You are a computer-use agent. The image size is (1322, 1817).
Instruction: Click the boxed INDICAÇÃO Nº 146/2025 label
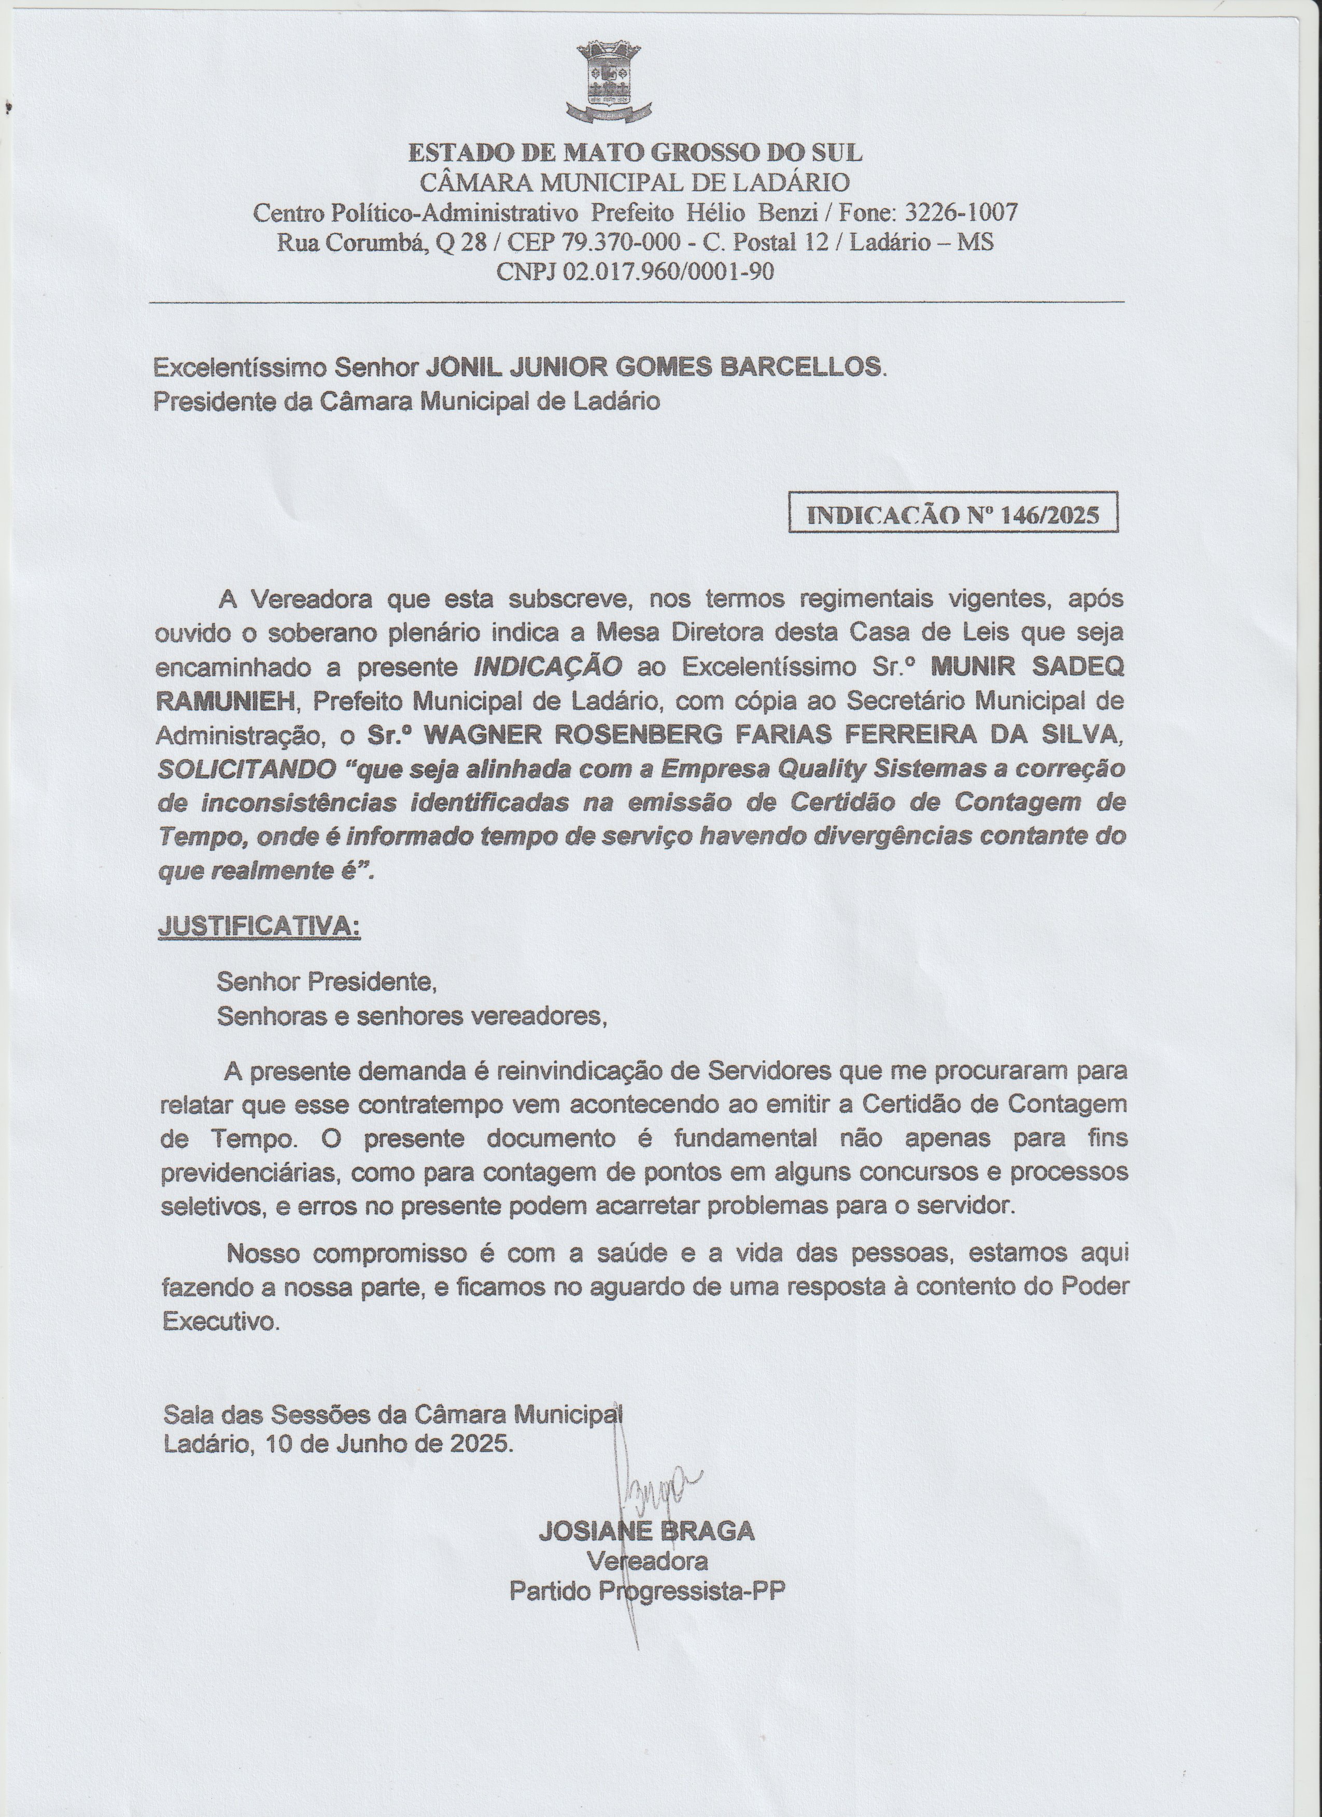(953, 514)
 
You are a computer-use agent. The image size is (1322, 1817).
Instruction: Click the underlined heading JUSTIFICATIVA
(260, 925)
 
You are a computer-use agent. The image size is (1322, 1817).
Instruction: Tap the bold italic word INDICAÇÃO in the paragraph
(548, 666)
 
